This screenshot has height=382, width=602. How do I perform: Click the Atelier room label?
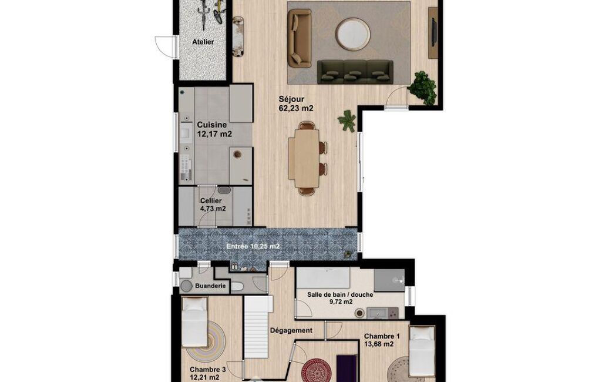click(203, 42)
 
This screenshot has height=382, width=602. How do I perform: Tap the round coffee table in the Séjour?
click(353, 34)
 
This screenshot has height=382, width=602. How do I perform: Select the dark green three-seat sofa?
click(355, 72)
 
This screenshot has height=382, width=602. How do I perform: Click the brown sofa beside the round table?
click(300, 38)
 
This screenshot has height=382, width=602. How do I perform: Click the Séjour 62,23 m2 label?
click(296, 104)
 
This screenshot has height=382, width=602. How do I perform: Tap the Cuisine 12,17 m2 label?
click(214, 129)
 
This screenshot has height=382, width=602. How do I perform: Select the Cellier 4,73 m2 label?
click(213, 205)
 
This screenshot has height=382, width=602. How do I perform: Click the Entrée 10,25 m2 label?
click(253, 247)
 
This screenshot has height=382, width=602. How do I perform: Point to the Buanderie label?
click(210, 286)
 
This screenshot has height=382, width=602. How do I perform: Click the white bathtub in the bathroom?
click(323, 278)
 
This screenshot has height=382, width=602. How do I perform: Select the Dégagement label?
click(291, 330)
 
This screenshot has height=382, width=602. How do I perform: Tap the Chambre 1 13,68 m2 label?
click(382, 340)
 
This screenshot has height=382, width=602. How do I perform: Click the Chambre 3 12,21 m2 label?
click(207, 374)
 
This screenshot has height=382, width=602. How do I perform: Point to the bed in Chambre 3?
click(194, 322)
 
